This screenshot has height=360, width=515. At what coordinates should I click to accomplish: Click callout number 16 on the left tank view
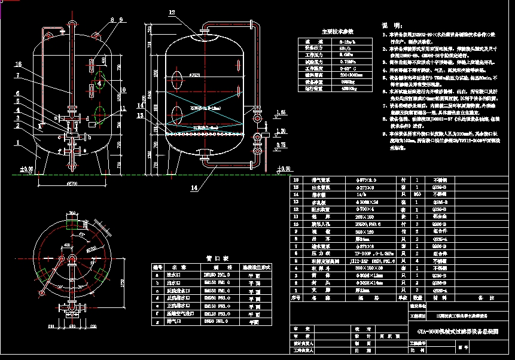tap(18, 64)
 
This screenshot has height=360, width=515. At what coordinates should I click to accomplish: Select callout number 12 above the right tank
tap(172, 12)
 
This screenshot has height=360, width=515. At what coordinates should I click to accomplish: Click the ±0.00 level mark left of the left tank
tap(26, 170)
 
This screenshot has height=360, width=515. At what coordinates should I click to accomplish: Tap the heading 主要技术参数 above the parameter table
tap(338, 30)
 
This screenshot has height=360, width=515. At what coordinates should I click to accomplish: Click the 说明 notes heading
tap(389, 26)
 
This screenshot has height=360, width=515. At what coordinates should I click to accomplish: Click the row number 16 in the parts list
tap(295, 179)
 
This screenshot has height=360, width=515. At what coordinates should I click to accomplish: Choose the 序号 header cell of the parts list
tap(295, 297)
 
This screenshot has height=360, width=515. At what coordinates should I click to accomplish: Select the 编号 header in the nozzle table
tap(157, 267)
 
